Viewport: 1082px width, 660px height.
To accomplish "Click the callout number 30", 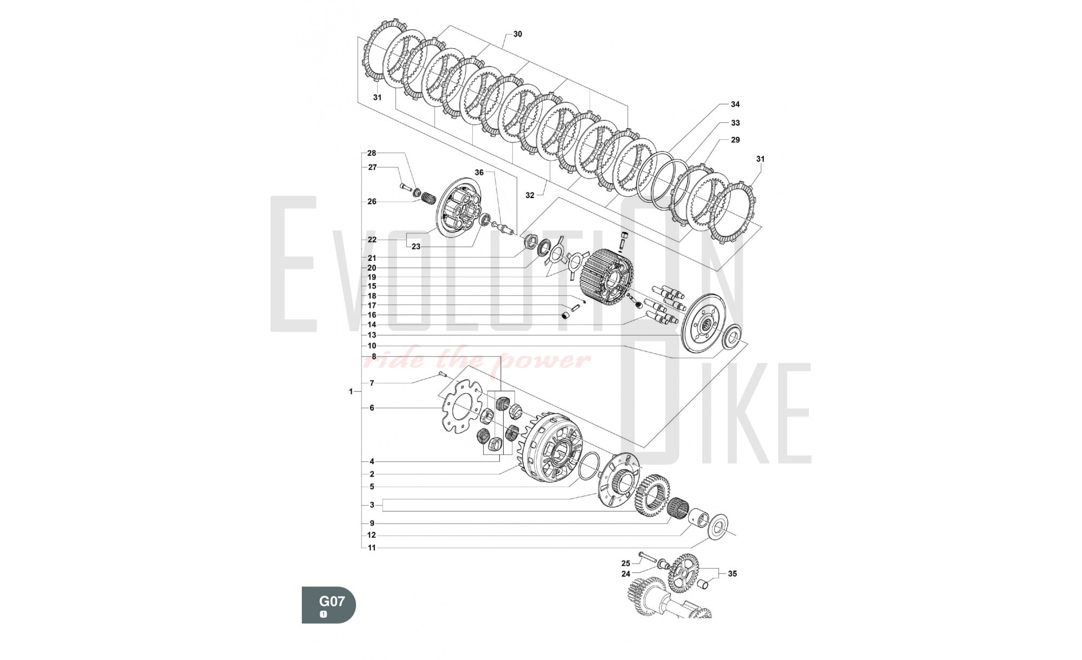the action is click(x=517, y=34).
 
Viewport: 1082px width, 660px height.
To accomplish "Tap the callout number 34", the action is click(x=735, y=104).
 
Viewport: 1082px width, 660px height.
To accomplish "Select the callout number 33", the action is click(x=735, y=123).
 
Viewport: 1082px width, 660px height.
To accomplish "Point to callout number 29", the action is click(x=735, y=140).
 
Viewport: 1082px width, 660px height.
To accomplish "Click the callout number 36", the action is click(x=479, y=173).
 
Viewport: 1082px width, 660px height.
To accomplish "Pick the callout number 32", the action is click(x=530, y=195).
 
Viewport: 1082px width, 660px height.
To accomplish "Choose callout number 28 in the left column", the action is click(x=372, y=153).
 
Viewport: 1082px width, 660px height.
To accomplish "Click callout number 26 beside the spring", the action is click(x=372, y=202).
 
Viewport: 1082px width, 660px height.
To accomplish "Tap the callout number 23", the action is click(x=415, y=247).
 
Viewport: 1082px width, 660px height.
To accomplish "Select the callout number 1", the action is click(x=351, y=391).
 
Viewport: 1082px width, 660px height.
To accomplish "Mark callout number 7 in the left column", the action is click(x=372, y=383).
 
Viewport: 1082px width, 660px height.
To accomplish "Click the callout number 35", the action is click(x=732, y=573).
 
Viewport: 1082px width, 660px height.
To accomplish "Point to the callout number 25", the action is click(x=625, y=563).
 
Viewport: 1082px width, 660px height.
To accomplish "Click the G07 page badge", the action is click(x=329, y=605).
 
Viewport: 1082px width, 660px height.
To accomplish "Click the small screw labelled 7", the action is click(x=441, y=374).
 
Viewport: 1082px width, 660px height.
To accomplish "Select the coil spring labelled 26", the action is click(x=428, y=199).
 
